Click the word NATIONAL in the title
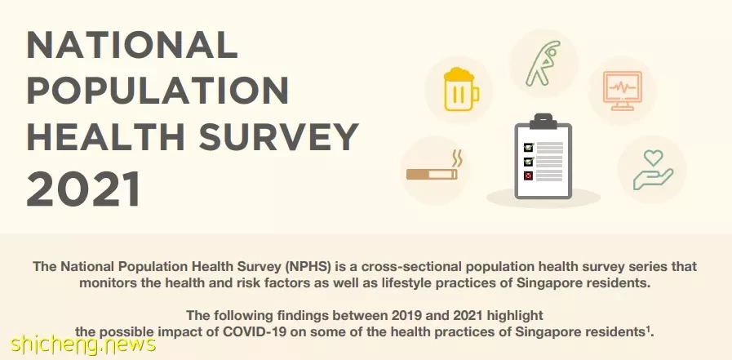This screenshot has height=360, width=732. click(132, 44)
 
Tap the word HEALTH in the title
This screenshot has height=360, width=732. click(105, 137)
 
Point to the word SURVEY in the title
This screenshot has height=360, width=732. click(279, 137)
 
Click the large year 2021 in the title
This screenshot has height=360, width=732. click(83, 189)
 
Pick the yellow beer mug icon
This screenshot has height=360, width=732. click(461, 89)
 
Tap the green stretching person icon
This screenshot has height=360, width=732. click(543, 63)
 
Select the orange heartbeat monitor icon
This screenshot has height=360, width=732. click(622, 91)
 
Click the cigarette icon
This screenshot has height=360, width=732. click(432, 174)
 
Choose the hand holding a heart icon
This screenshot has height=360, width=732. click(653, 170)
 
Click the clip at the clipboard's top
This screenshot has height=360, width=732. click(543, 121)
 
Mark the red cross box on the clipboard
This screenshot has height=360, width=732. click(529, 176)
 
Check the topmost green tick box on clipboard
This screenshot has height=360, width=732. click(529, 148)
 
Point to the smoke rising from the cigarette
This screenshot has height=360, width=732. click(458, 158)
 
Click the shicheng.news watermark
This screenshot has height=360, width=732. click(83, 344)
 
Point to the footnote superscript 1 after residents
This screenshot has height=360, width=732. click(649, 329)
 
